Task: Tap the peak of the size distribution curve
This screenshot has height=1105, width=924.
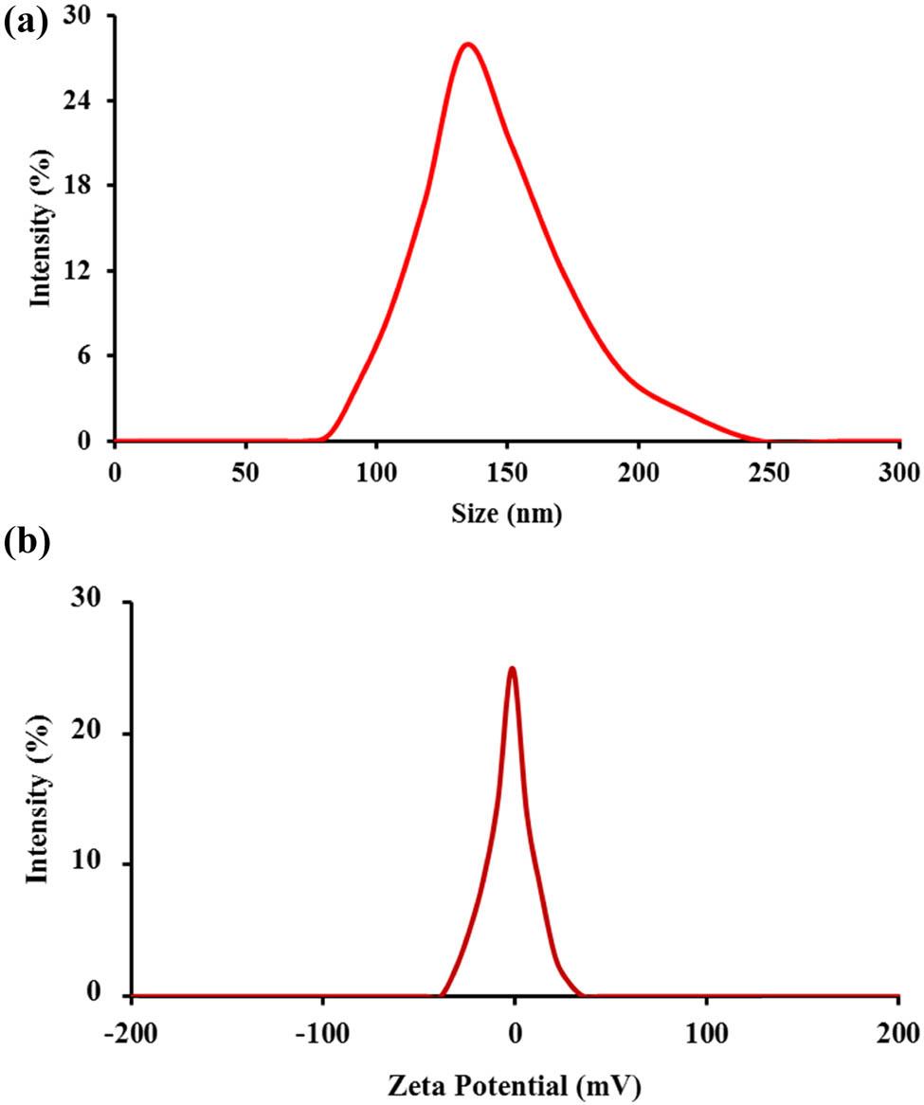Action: click(466, 45)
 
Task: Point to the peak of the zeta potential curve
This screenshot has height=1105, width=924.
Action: click(512, 668)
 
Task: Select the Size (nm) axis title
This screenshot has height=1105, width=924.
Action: click(507, 515)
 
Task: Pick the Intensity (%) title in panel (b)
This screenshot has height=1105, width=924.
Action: click(37, 799)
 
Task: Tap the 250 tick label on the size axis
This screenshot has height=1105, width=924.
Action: click(769, 471)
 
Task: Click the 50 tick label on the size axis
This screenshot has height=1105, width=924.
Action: click(246, 471)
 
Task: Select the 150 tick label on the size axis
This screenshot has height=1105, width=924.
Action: click(507, 471)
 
